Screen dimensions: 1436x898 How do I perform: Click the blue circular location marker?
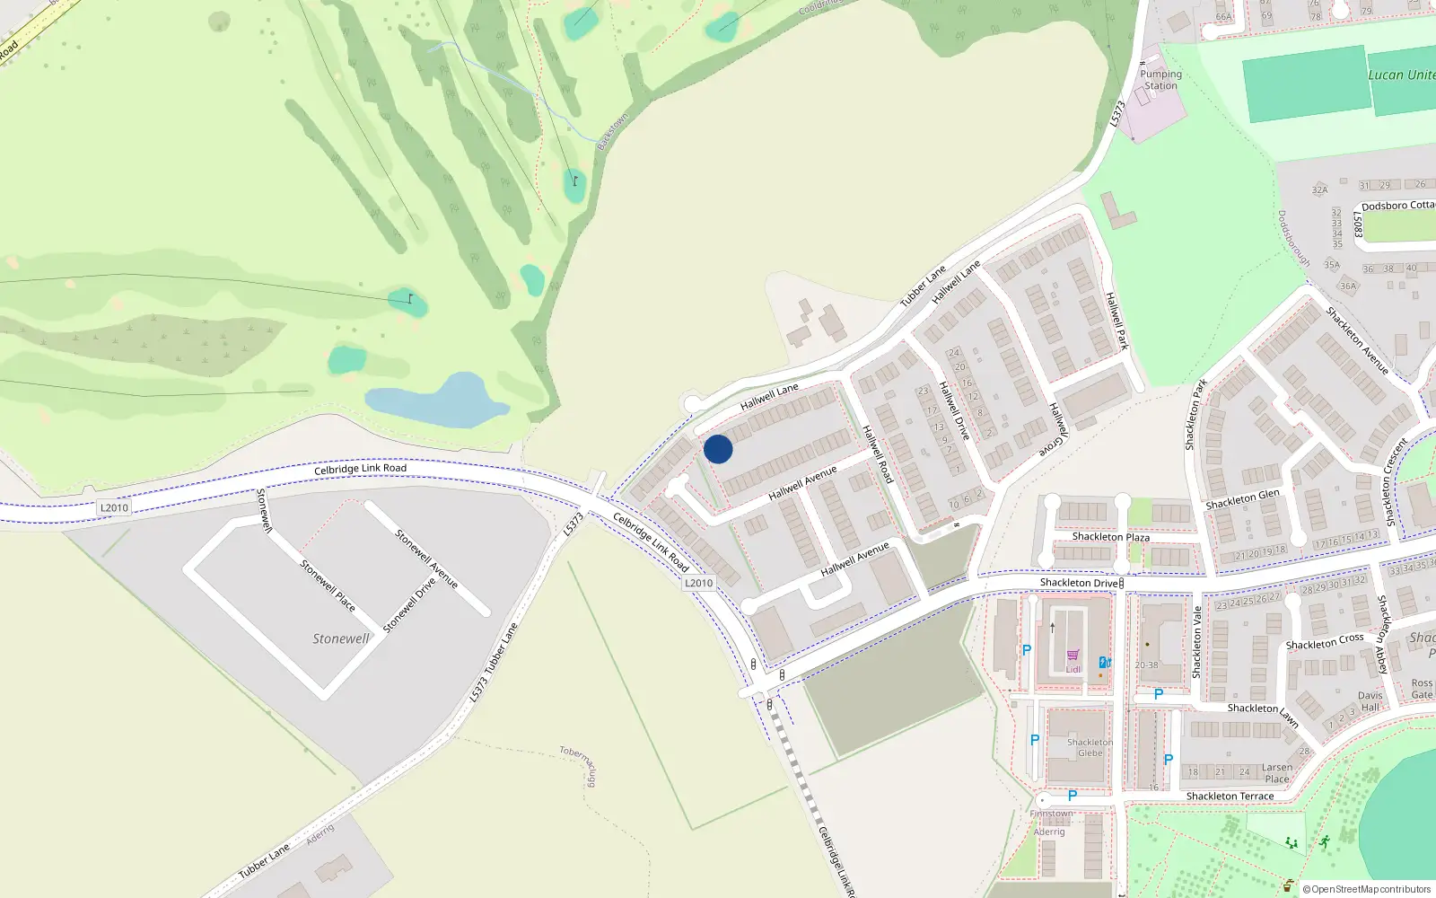coord(718,449)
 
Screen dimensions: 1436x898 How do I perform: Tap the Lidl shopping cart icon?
coord(1073,656)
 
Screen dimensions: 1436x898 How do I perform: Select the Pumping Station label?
coord(1160,80)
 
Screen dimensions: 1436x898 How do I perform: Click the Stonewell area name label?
coord(340,638)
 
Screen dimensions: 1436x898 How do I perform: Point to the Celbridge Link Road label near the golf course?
coord(360,469)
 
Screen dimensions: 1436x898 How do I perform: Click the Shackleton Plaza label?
coord(1110,537)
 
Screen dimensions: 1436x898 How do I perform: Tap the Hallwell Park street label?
coord(1116,321)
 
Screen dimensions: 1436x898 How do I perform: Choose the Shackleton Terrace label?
coord(1230,797)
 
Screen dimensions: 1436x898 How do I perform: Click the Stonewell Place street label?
coord(328,585)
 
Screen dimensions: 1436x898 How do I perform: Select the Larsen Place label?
coord(1277,773)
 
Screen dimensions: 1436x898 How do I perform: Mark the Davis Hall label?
coord(1370,701)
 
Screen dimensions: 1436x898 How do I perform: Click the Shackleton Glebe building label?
coord(1090,748)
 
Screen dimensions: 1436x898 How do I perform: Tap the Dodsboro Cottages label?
coord(1397,206)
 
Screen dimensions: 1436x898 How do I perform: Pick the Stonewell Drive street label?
coord(409,604)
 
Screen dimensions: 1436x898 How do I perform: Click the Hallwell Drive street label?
coord(954,409)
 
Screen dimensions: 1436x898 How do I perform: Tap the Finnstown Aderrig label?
coord(1050,823)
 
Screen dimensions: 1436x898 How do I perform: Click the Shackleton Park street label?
coord(1195,414)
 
